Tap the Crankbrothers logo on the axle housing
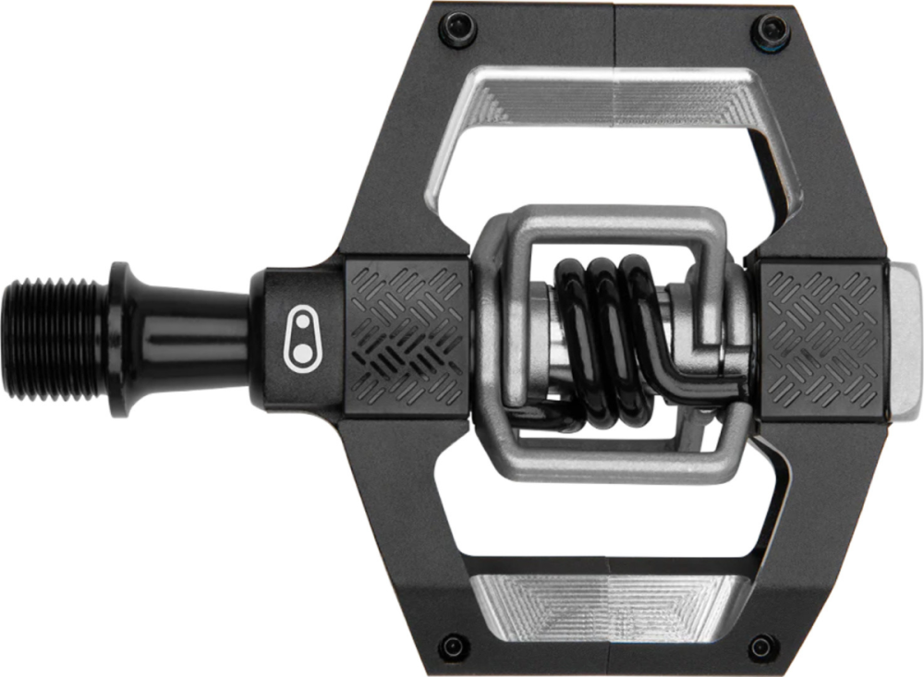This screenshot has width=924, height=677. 301,340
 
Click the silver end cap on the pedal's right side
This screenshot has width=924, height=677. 903,337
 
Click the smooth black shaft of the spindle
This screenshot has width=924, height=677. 194,337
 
